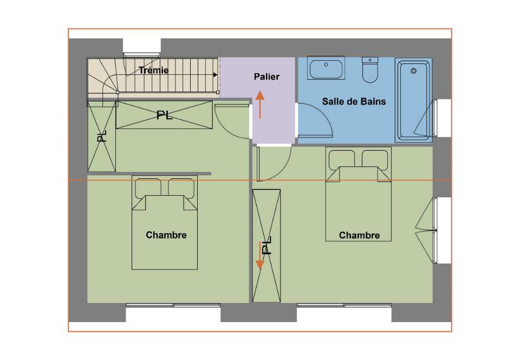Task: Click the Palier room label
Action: (266, 76)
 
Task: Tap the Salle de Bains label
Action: (354, 101)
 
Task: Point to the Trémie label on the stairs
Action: (153, 70)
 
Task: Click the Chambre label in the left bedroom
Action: (166, 235)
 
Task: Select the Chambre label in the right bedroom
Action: (359, 235)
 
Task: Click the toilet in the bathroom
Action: (370, 70)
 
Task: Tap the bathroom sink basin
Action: (326, 68)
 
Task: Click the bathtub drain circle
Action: (413, 70)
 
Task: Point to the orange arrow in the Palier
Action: (260, 105)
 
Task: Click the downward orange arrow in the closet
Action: (260, 255)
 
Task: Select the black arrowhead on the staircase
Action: (215, 75)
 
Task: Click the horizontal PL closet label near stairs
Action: (165, 115)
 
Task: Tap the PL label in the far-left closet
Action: (102, 136)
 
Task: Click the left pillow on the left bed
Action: (148, 188)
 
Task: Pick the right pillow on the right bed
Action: (375, 159)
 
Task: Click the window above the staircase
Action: (142, 55)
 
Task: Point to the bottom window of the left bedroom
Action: (173, 305)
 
